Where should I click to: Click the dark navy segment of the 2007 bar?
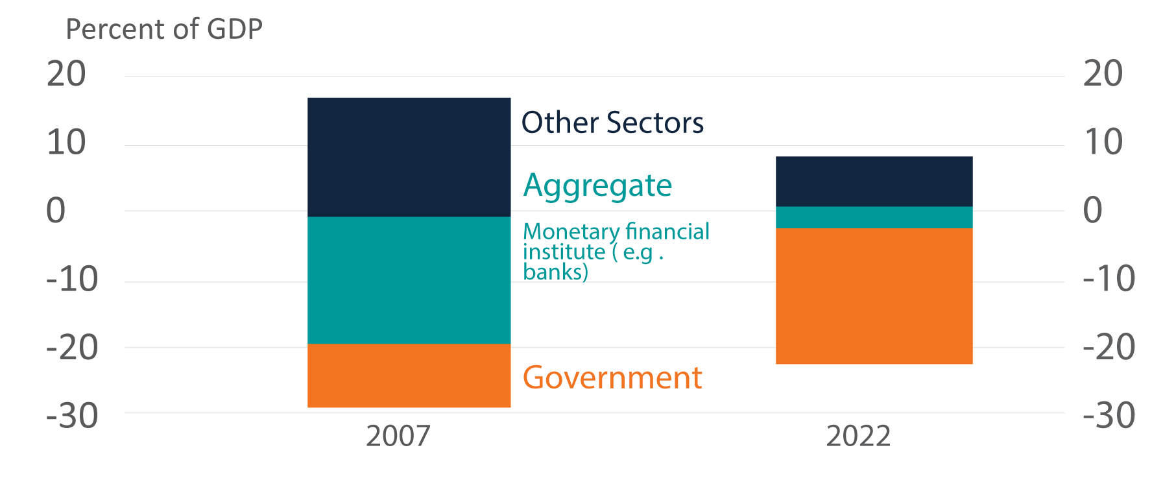(409, 157)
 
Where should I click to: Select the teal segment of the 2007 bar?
(409, 280)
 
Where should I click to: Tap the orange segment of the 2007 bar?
(409, 376)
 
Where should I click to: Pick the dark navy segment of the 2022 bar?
(874, 182)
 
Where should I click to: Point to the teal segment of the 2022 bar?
(874, 217)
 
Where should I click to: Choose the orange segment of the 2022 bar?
(874, 296)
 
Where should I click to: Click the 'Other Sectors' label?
(612, 123)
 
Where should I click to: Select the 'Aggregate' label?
(597, 186)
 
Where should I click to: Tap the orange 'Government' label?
(612, 377)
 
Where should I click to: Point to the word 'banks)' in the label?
(555, 272)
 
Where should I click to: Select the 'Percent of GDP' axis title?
(164, 29)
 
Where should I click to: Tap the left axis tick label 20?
(66, 74)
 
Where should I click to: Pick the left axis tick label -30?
(72, 416)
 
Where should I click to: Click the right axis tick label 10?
(1103, 142)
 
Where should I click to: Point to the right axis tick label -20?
(1109, 347)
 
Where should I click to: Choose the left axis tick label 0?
(56, 211)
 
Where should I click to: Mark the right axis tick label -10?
(1109, 279)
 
